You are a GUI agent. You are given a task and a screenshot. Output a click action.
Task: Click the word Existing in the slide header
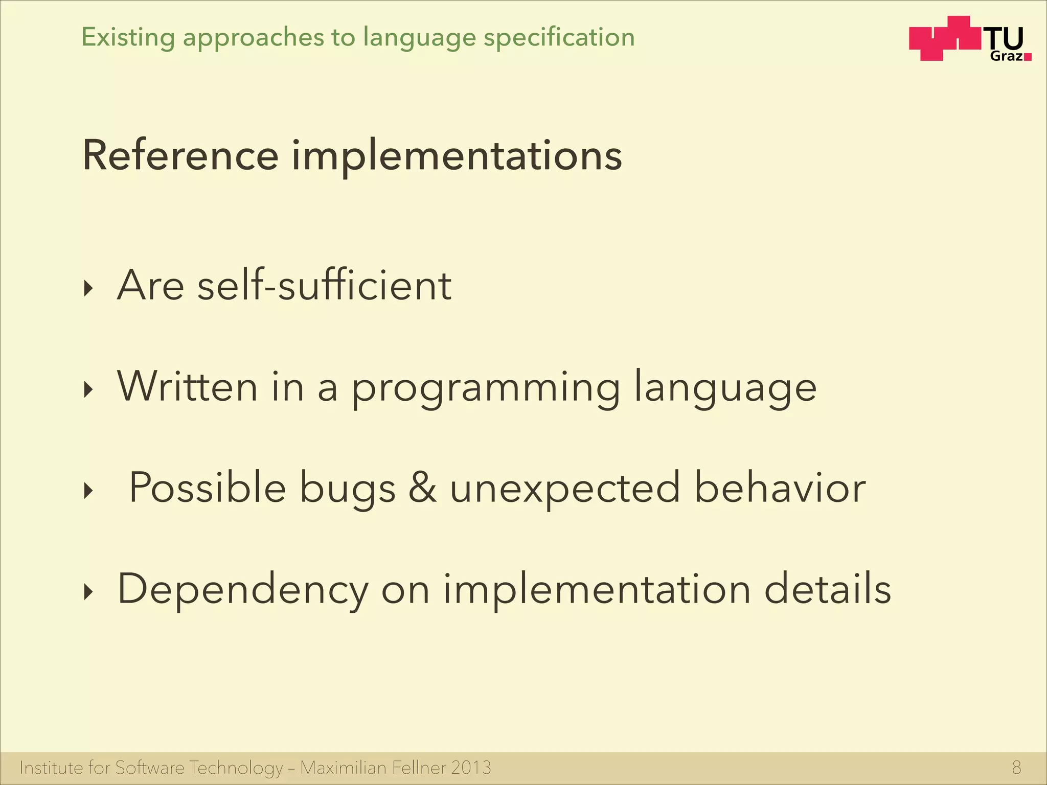click(x=128, y=38)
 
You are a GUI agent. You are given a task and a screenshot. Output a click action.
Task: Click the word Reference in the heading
click(x=180, y=155)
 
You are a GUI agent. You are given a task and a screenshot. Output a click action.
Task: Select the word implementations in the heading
click(x=457, y=156)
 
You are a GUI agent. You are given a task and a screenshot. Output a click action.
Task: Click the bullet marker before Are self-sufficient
click(x=89, y=289)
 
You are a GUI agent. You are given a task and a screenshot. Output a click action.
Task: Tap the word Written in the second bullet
click(x=187, y=386)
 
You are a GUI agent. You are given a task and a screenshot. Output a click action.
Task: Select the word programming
click(x=486, y=388)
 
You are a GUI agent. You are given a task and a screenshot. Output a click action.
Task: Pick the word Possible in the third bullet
click(x=207, y=488)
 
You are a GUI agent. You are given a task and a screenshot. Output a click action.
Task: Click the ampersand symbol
click(x=422, y=488)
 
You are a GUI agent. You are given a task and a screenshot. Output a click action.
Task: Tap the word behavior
click(x=780, y=488)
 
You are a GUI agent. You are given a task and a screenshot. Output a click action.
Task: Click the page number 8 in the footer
click(x=1016, y=768)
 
